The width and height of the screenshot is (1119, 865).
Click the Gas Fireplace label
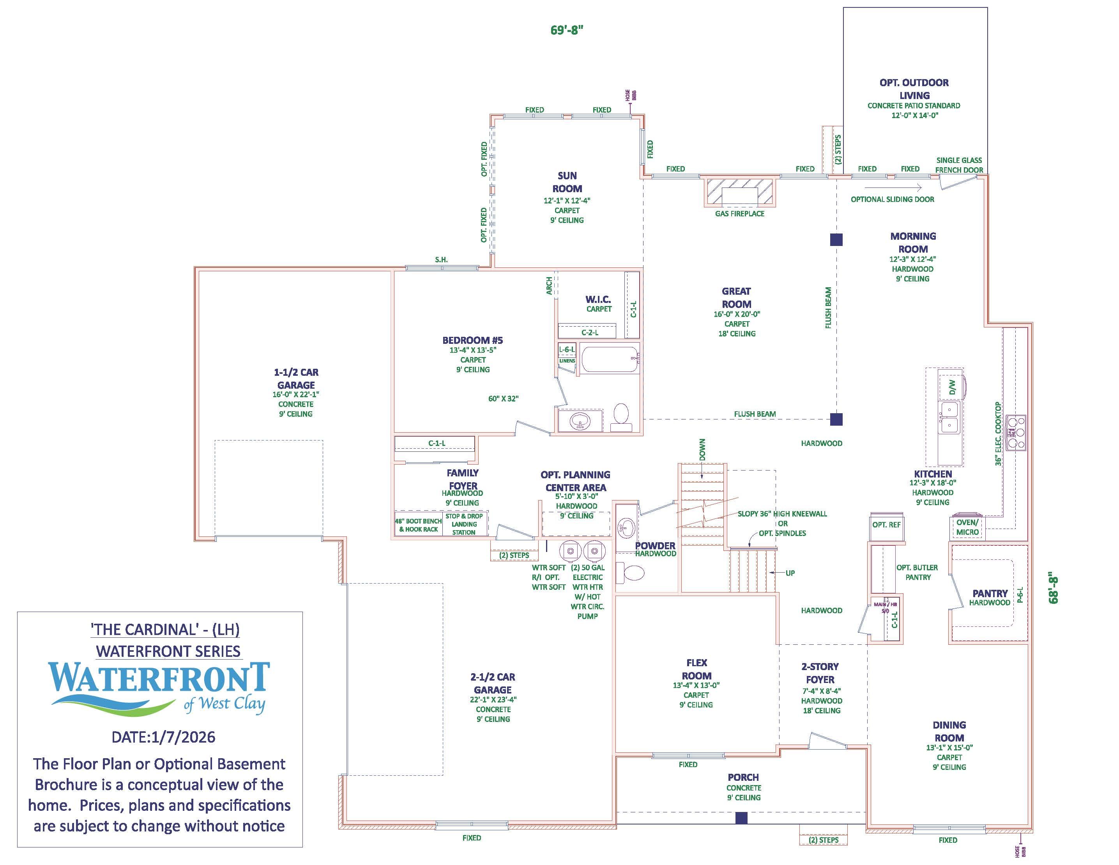pos(739,214)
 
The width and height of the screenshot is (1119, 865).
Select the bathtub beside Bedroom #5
pos(610,360)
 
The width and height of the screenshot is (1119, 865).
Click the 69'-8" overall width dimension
pos(567,30)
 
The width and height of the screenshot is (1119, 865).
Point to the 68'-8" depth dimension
pos(1054,588)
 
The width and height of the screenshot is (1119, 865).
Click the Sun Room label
pos(567,182)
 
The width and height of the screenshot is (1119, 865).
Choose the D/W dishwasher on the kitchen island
pos(951,387)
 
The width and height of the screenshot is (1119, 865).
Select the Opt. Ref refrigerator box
pos(886,525)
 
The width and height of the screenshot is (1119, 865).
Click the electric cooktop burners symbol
pos(1015,433)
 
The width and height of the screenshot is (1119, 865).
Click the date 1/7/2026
pos(163,737)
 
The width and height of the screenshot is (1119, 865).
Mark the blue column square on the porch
pos(741,818)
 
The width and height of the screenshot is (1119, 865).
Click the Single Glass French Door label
pos(959,165)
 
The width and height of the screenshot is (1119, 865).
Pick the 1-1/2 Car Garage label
pos(296,379)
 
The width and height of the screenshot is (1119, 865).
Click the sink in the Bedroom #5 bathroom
pos(580,422)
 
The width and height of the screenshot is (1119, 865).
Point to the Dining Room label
pos(949,731)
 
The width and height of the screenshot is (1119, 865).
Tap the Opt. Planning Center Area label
pos(575,481)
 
